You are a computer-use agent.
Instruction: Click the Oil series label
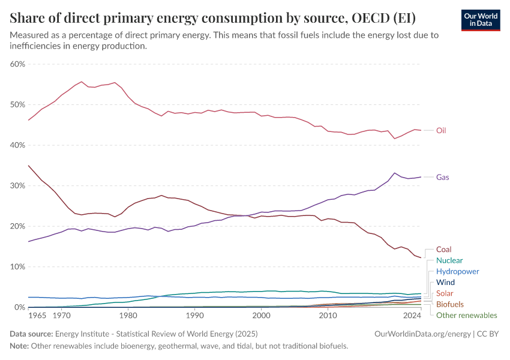441,130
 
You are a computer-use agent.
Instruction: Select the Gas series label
442,177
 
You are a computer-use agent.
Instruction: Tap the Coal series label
443,249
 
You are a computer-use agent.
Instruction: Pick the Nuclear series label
449,260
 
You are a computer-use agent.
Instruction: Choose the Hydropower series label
458,271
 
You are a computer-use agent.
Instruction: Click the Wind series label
445,282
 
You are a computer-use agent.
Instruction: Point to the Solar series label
445,293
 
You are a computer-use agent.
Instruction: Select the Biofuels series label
449,304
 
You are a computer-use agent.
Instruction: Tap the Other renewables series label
466,315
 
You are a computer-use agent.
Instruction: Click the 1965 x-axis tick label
37,315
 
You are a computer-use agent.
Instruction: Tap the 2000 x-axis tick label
261,315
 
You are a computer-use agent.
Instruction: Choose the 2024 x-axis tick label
412,315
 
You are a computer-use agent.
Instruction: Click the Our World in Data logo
480,19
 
